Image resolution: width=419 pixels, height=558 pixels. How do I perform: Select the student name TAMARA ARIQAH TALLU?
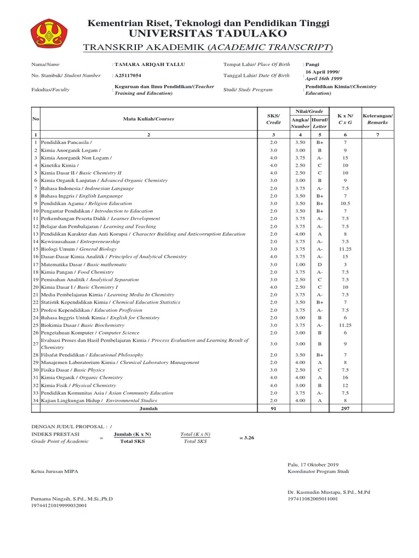coord(141,64)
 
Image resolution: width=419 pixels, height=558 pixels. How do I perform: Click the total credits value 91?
coord(274,409)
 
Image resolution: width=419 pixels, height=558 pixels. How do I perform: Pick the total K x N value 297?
coord(345,409)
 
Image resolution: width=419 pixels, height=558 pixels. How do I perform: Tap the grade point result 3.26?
coord(248,437)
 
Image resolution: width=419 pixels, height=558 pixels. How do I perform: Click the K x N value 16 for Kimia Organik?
coord(345,377)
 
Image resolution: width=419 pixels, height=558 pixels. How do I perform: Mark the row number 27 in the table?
coord(35,344)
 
